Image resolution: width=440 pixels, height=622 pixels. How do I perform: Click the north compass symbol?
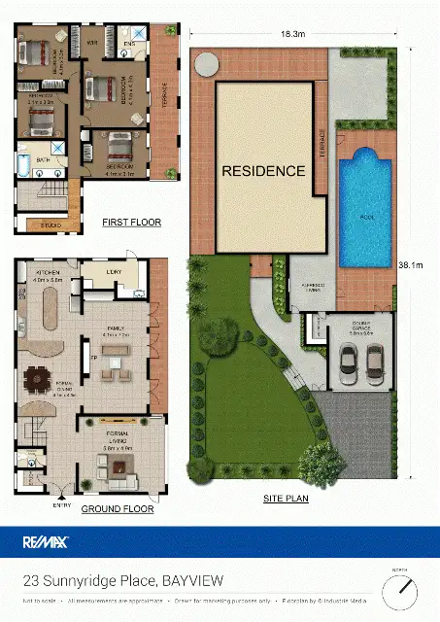click(x=398, y=589)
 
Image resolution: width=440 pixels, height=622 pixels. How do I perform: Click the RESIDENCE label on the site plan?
click(x=263, y=171)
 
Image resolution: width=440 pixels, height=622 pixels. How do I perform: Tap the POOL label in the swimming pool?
click(x=367, y=218)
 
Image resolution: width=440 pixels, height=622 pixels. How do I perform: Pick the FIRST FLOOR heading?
click(x=131, y=223)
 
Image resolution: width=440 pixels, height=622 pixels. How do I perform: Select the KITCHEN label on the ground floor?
click(x=49, y=272)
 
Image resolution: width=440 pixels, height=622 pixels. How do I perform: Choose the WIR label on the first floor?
click(x=93, y=44)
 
